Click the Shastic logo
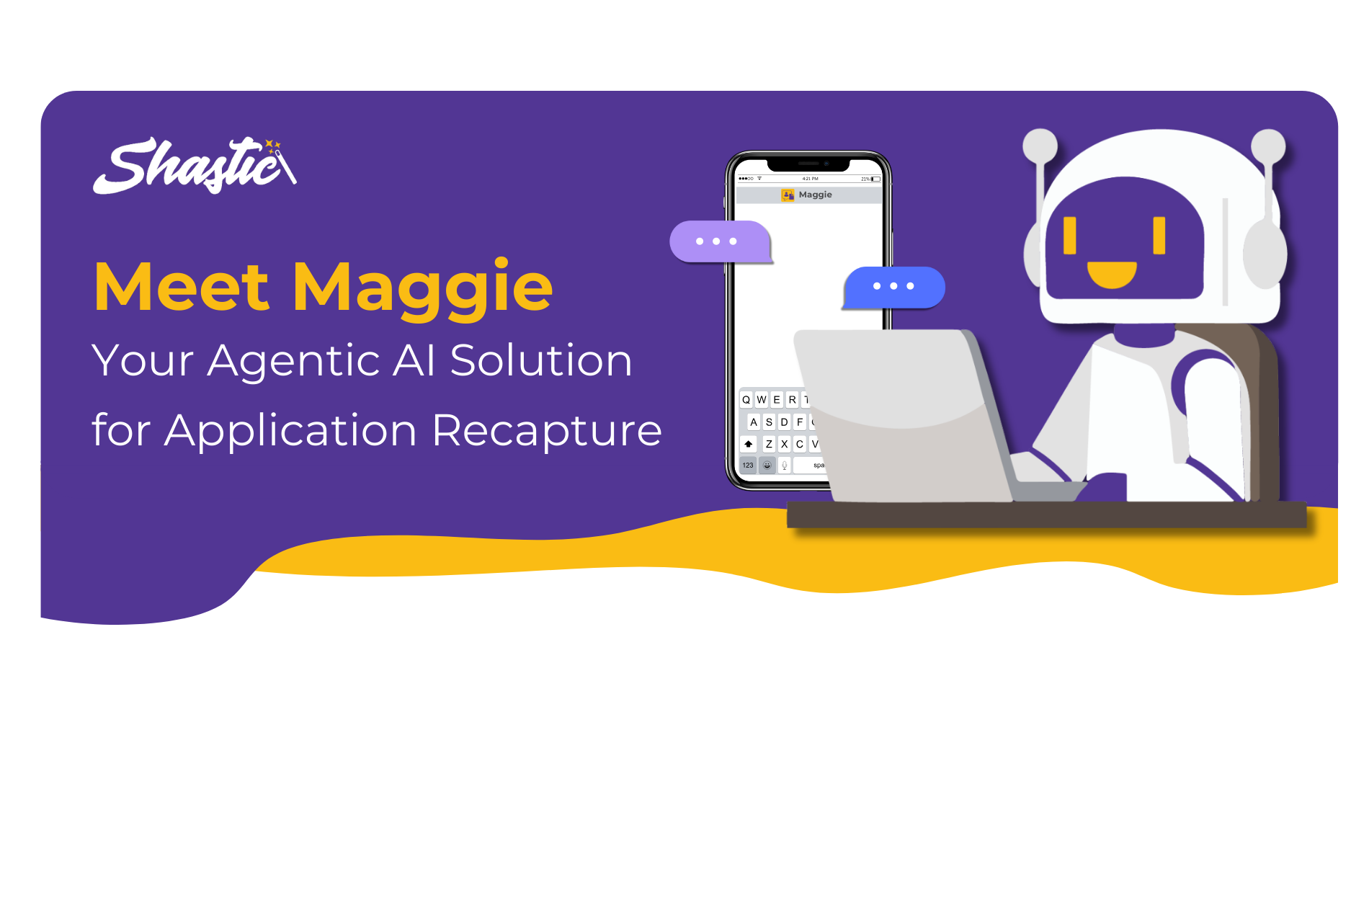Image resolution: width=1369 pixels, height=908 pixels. coord(195,166)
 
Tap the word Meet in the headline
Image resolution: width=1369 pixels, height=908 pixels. coord(182,287)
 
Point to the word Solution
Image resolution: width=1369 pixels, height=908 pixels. coord(541,360)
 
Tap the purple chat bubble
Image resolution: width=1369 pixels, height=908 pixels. coord(721,241)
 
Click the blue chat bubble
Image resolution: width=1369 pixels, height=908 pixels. coord(893,287)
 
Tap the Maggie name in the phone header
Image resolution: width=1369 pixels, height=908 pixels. coord(815,195)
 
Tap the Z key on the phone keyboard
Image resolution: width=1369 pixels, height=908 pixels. coord(769,444)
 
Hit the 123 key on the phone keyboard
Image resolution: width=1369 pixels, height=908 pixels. coord(748,466)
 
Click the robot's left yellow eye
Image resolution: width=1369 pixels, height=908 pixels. coord(1070,236)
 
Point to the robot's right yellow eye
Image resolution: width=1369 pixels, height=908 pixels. coord(1159,235)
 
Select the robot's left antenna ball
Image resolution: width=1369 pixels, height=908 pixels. coord(1040,146)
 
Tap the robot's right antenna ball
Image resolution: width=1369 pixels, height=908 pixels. coord(1268,146)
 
